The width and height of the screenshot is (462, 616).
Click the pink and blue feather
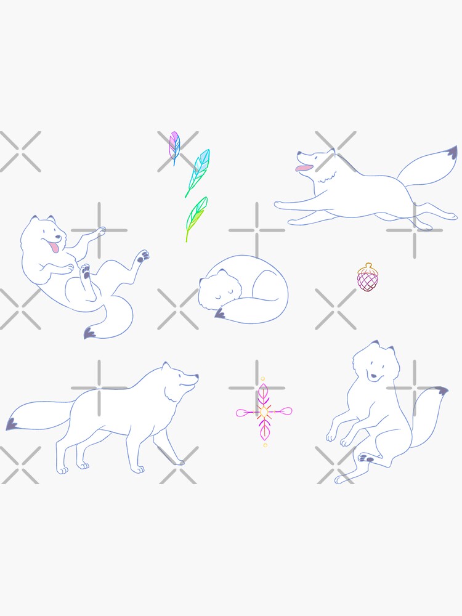174,146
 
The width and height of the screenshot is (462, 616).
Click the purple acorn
368,278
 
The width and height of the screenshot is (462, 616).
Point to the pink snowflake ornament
264,411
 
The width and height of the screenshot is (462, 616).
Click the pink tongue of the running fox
303,167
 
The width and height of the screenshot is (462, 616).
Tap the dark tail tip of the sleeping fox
220,315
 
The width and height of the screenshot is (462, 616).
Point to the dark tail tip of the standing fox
12,424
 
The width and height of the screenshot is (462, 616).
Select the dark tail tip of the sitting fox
440,391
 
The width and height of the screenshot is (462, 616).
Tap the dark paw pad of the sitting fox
366,458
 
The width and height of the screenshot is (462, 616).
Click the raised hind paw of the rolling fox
143,254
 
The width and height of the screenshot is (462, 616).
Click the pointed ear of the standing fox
166,367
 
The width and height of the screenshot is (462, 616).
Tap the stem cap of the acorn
368,267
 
